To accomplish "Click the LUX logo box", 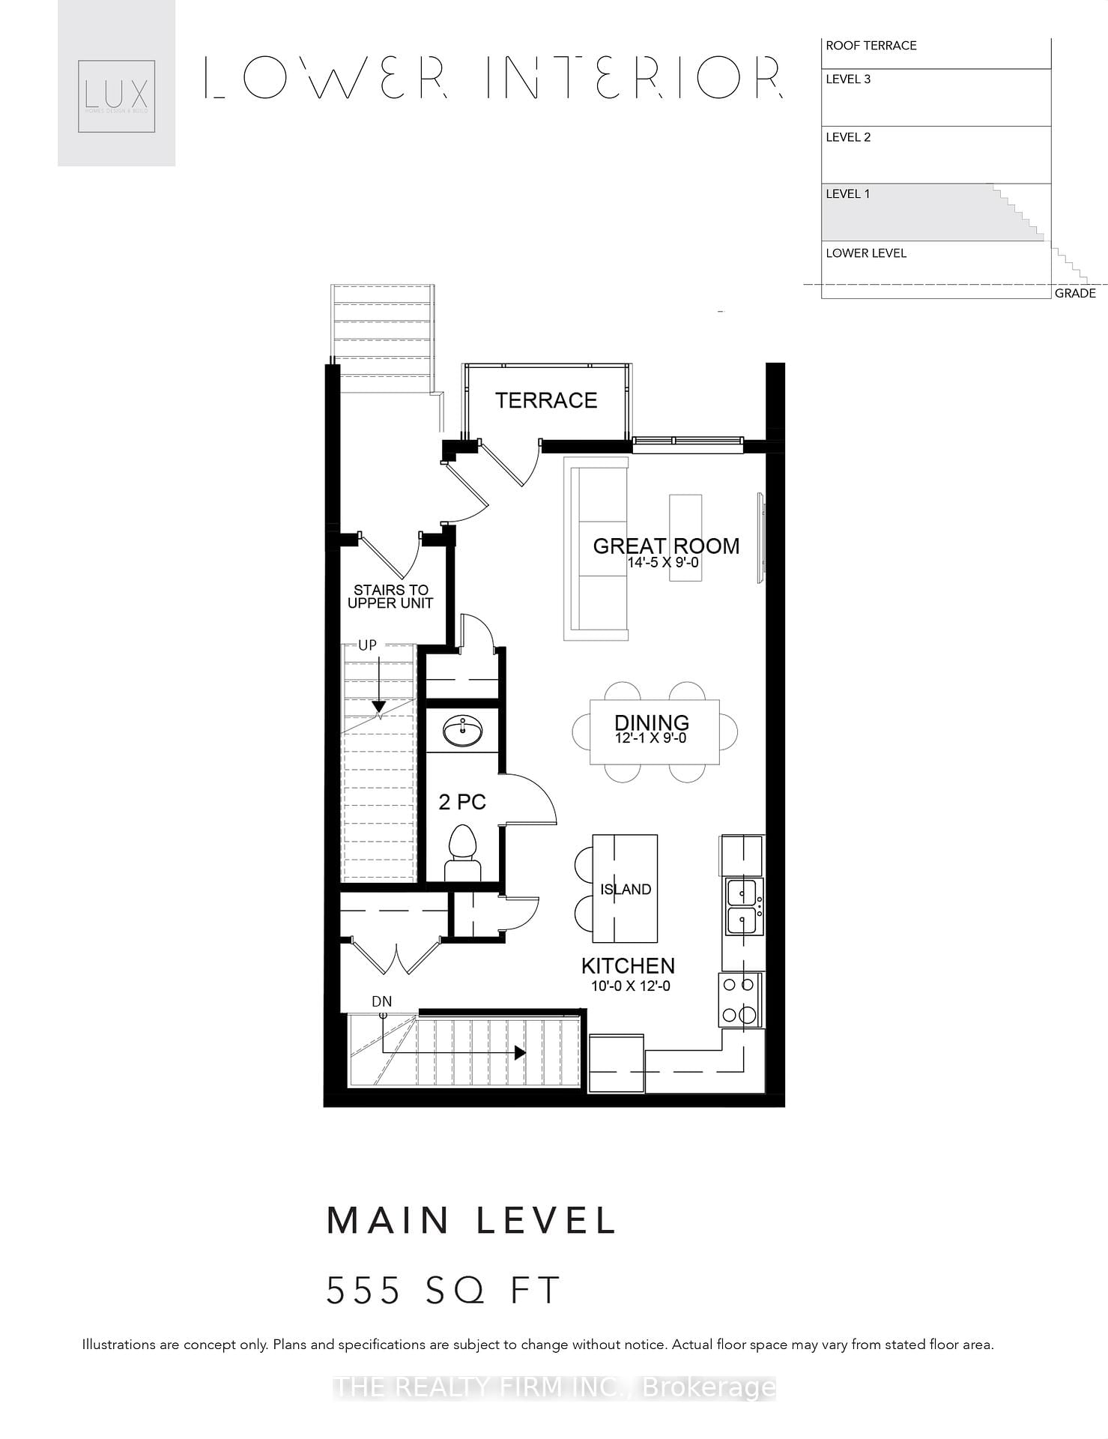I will coord(116,96).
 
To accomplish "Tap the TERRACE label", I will coord(546,400).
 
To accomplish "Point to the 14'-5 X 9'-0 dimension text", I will coord(663,562).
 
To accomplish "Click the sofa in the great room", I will coord(597,549).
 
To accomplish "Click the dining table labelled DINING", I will coord(654,731).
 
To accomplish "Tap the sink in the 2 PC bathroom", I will coord(462,731).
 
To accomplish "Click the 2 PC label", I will coord(462,802).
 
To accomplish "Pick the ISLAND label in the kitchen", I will coord(626,889).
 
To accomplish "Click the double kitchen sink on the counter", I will coord(742,906).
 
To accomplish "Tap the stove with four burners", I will coord(739,1000).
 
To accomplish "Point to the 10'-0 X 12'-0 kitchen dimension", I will coord(631,986).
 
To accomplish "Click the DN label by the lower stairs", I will coord(381,1001).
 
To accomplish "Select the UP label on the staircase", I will coord(367,645).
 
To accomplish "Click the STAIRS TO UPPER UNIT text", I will coord(390,597).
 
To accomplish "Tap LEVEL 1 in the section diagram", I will coord(847,194).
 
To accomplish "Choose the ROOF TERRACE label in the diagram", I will coord(871,46).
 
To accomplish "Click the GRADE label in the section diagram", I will coord(1074,293).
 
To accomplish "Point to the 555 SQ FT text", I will coord(443,1291).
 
